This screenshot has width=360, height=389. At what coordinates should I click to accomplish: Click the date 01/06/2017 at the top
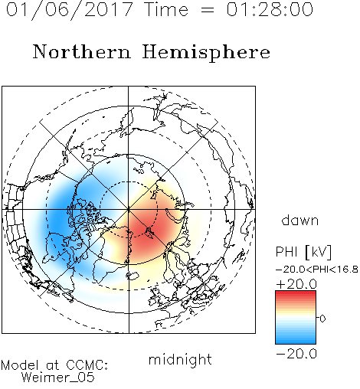click(x=70, y=10)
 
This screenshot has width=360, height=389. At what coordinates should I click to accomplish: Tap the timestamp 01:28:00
click(x=270, y=9)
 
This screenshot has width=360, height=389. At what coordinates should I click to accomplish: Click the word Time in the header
click(x=166, y=9)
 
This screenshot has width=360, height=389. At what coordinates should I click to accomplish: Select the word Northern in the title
click(x=82, y=51)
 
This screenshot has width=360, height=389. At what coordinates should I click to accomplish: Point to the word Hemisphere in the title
click(x=206, y=53)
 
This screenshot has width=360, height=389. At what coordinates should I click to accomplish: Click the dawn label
click(x=300, y=220)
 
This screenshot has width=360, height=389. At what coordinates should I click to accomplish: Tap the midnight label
click(x=180, y=359)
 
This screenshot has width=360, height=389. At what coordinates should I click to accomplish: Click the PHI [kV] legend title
click(x=303, y=252)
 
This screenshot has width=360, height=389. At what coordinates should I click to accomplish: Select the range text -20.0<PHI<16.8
click(x=316, y=270)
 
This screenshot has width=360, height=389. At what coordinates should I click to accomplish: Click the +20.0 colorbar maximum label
click(x=296, y=284)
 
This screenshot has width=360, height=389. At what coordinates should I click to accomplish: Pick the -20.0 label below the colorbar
click(x=296, y=354)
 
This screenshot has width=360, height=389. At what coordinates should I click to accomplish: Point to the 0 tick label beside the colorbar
click(x=322, y=319)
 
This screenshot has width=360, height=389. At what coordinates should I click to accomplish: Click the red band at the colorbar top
click(x=296, y=294)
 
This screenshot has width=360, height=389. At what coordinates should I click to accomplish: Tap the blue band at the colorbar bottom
click(x=296, y=340)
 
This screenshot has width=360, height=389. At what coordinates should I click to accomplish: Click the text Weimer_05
click(x=58, y=378)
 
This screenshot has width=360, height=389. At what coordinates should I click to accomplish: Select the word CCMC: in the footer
click(x=87, y=365)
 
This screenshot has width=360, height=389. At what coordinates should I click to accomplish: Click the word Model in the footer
click(x=20, y=365)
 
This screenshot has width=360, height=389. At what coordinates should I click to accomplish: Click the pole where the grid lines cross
click(x=129, y=209)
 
